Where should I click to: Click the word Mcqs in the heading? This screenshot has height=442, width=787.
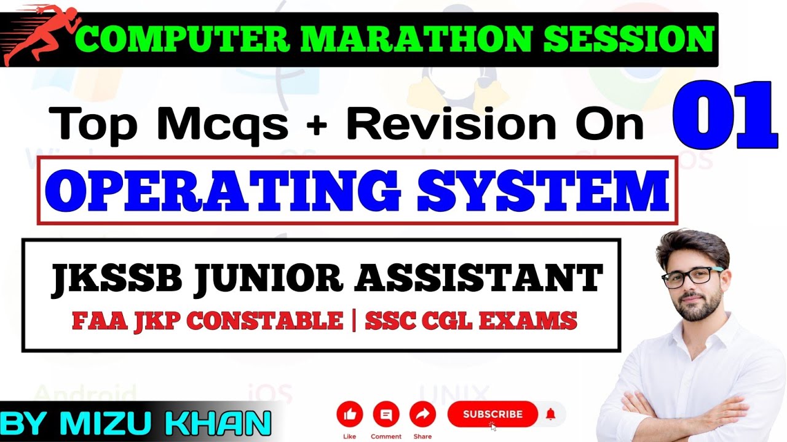(223, 123)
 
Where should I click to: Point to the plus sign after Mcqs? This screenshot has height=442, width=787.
(317, 125)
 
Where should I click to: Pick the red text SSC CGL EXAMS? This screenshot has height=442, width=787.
(471, 320)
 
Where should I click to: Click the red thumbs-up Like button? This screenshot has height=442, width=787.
(350, 415)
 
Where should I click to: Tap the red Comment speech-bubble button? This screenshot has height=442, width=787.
(386, 415)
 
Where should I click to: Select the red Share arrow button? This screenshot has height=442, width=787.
(422, 415)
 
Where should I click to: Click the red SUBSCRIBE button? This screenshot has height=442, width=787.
(492, 414)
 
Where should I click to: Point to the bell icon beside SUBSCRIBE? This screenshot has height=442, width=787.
(551, 414)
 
